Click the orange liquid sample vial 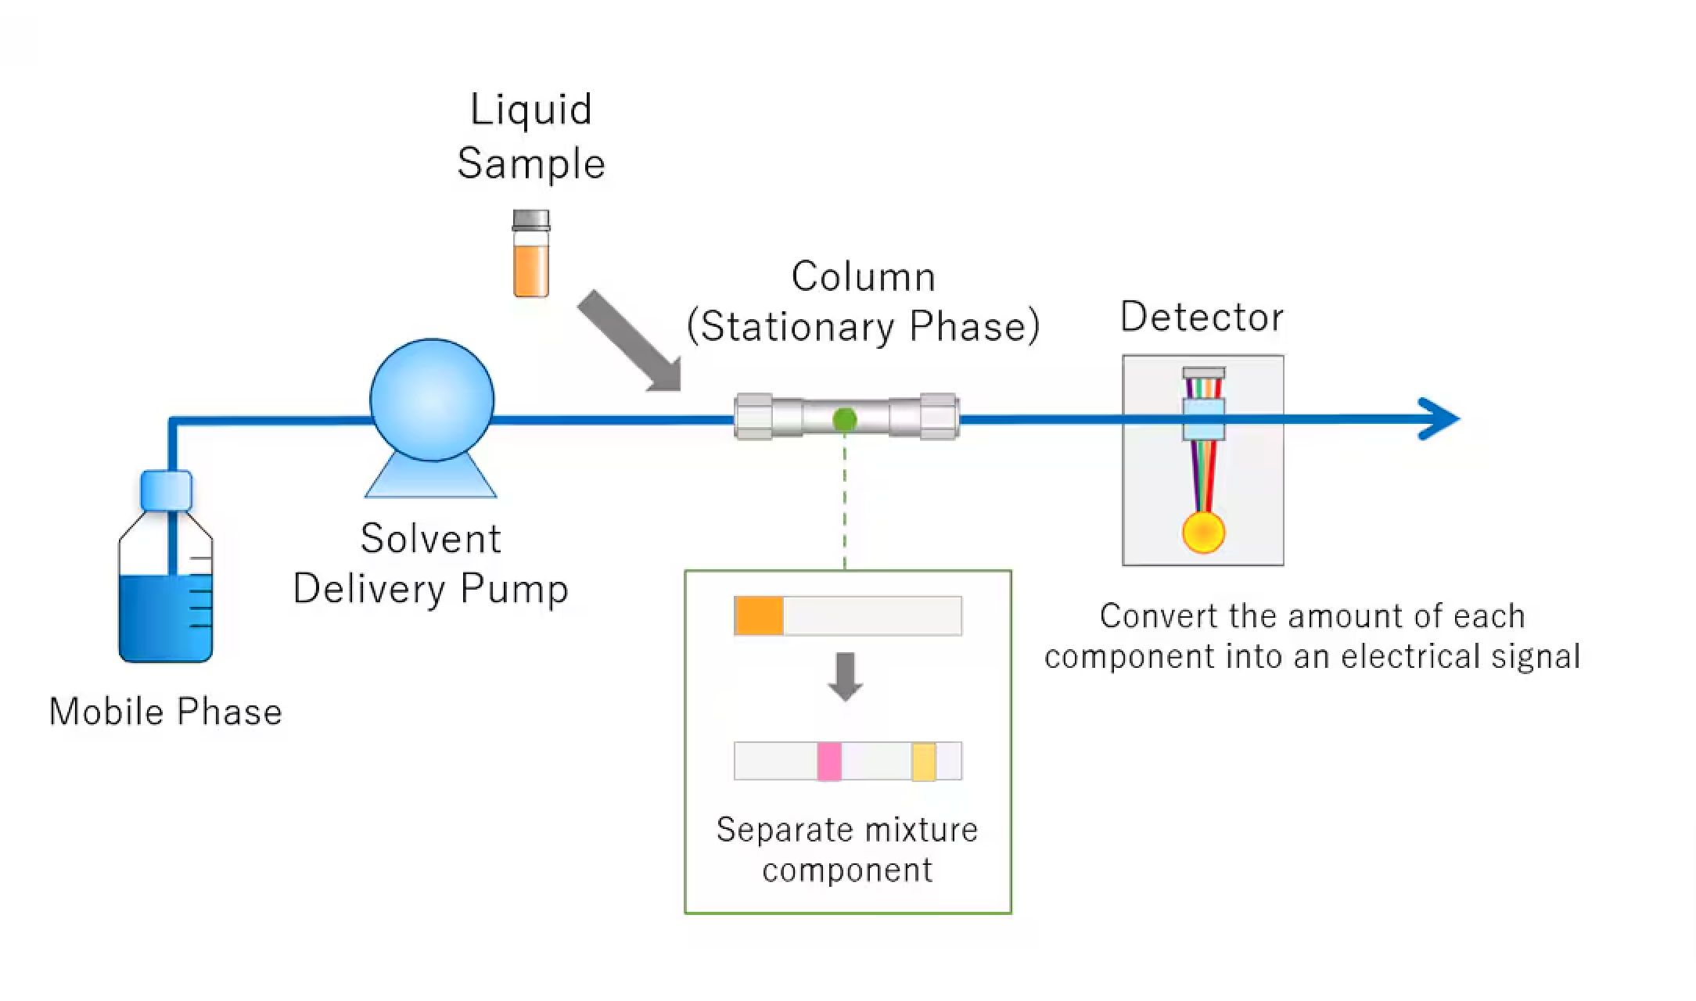(x=530, y=267)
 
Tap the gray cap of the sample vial (x=530, y=220)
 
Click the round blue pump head (x=432, y=400)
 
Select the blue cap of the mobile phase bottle (x=166, y=490)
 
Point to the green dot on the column (x=844, y=420)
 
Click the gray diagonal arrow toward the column (x=630, y=341)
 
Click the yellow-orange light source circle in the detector (x=1203, y=532)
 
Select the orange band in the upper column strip (x=758, y=615)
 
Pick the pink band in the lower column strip (x=829, y=761)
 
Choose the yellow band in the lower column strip (x=924, y=761)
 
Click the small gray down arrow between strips (x=845, y=676)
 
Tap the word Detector (x=1202, y=317)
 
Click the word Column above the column (x=863, y=276)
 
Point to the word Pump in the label (x=514, y=590)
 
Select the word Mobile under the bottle (x=107, y=712)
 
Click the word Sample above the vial (x=531, y=164)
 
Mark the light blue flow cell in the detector (x=1203, y=419)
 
